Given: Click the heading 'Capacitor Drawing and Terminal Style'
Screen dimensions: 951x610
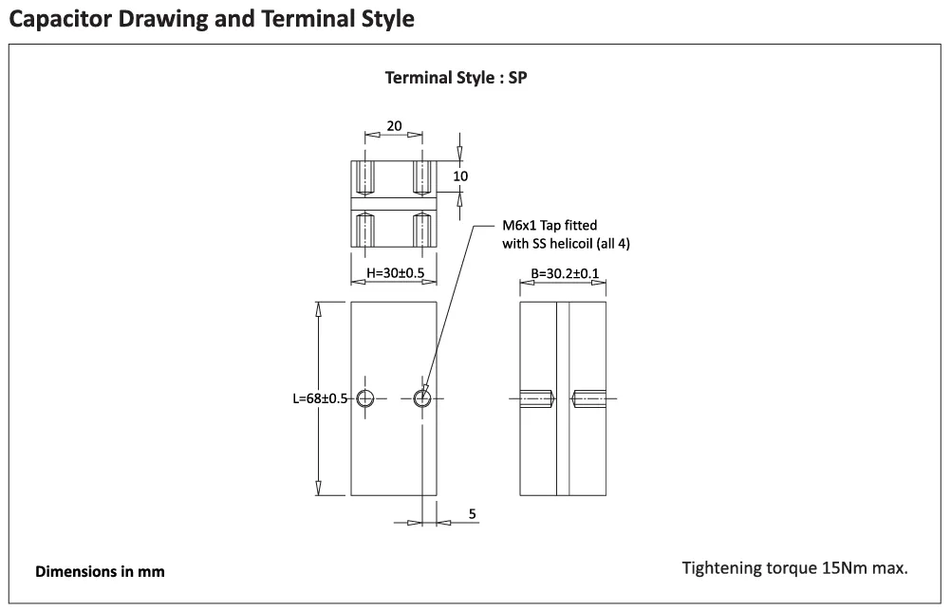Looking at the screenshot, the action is (212, 19).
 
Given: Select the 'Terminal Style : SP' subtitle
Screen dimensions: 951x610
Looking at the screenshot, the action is (457, 78).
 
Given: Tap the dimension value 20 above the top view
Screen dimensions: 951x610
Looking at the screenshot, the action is (394, 125).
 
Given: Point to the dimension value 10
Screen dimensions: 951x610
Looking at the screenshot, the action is (460, 176).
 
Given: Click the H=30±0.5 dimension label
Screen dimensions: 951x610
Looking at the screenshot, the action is (396, 273).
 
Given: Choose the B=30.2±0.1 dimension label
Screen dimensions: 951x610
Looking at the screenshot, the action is (565, 273).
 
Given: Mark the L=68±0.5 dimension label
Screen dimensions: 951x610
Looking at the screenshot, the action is (320, 398).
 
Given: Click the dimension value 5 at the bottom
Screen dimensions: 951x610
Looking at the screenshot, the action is (473, 514).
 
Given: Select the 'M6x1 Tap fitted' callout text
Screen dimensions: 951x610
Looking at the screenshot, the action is (550, 226).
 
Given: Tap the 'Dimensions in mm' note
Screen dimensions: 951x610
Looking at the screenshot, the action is (100, 572).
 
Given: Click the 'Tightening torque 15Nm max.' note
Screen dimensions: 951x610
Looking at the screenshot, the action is (794, 568).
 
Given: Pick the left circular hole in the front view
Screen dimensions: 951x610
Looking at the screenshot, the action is (364, 398).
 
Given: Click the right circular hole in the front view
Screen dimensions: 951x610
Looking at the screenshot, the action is (422, 398).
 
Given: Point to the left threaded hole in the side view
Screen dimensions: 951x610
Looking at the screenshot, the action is (536, 398).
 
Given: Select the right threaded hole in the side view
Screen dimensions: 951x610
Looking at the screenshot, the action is (588, 398).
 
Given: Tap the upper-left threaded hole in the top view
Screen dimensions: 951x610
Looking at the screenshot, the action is (364, 177).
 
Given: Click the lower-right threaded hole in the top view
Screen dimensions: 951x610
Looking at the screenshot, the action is (422, 230).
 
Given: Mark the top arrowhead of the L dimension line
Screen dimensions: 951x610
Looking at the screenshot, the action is (318, 308).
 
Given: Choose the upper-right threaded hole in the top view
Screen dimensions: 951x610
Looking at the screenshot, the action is (422, 177).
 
